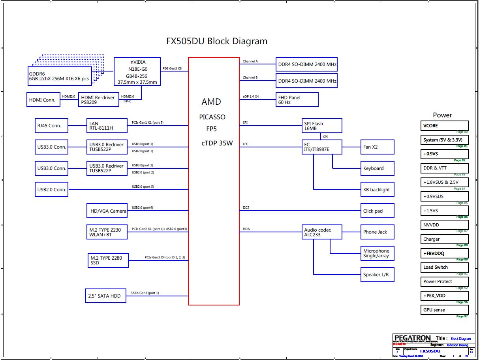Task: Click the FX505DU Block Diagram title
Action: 216,41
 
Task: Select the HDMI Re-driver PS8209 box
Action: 99,100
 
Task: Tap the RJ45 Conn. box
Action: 51,126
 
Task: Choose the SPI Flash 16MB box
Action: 321,126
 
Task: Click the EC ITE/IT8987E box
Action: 321,147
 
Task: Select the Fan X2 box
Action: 377,147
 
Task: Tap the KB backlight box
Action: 377,190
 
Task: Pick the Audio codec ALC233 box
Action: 321,232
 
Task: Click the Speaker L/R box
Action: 377,275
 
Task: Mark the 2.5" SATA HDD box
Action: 106,296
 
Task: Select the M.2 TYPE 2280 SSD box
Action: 108,260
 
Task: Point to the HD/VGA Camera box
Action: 107,211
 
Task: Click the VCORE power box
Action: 444,126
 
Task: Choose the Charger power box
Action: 444,239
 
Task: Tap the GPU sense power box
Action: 444,310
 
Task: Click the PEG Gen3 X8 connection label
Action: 172,68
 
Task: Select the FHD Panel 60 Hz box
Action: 297,100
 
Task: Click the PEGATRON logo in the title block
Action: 412,338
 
